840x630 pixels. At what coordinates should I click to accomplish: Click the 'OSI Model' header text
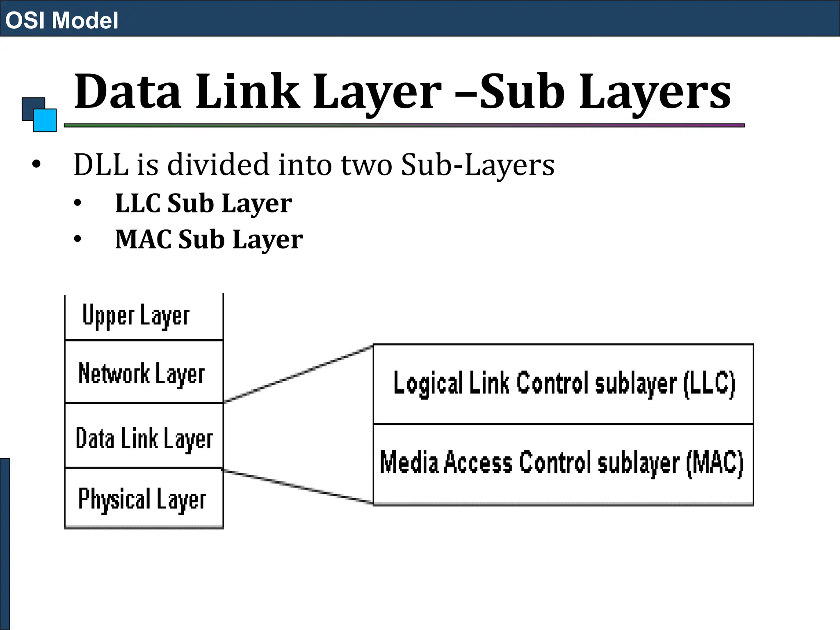click(62, 20)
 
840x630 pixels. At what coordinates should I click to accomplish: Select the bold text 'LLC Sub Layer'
click(203, 203)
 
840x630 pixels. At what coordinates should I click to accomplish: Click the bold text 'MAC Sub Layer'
click(209, 240)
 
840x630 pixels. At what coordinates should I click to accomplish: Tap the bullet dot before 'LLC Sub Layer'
click(78, 203)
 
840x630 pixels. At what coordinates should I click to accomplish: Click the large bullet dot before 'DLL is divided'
click(37, 164)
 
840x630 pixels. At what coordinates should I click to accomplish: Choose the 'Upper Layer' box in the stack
click(144, 316)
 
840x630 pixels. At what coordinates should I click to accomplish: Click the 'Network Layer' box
click(144, 372)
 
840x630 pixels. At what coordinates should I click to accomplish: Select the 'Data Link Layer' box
click(144, 437)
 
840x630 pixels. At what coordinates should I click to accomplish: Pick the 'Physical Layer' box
click(144, 498)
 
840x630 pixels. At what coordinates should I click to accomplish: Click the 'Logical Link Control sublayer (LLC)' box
click(563, 384)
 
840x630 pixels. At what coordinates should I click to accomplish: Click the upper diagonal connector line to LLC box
click(298, 374)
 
